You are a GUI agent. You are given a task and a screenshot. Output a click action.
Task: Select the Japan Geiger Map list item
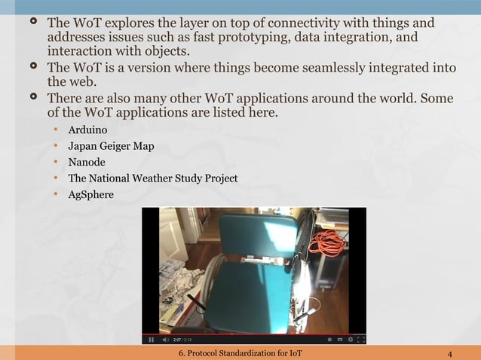tap(111, 146)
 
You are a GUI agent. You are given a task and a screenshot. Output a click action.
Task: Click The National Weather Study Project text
tap(152, 178)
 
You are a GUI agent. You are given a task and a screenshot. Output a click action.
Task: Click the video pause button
tap(152, 340)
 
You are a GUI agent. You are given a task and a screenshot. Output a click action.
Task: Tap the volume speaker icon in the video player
tap(164, 340)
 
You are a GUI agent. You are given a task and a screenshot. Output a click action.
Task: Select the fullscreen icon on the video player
tap(360, 340)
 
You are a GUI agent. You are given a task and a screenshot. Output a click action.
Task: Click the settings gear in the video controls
tap(349, 340)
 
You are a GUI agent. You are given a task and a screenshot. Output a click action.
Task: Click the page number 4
tap(449, 353)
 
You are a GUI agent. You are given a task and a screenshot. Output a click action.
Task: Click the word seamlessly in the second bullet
tap(330, 69)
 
